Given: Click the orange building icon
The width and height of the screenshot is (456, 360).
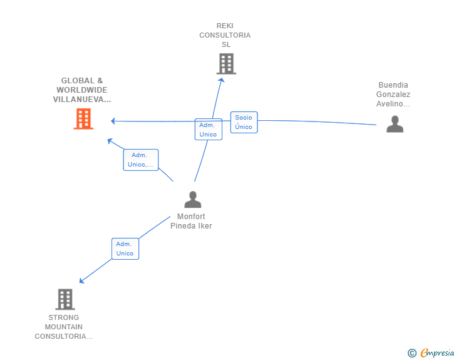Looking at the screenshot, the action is (x=83, y=118).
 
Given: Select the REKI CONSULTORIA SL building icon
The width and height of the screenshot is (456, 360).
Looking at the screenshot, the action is (x=226, y=64).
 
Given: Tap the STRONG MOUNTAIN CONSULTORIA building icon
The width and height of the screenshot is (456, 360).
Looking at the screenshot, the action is (x=65, y=299).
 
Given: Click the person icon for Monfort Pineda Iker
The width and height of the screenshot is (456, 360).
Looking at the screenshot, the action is (x=193, y=199).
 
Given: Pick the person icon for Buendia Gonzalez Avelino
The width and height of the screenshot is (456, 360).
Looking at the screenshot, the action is (x=395, y=124).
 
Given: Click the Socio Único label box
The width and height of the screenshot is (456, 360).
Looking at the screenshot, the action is (x=244, y=122).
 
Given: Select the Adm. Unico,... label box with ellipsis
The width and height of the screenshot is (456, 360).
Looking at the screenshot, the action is (x=141, y=160).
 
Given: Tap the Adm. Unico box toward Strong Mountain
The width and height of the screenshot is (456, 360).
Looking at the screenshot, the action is (x=125, y=249).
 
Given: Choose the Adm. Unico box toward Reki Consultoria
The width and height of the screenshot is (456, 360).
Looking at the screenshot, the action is (x=209, y=130).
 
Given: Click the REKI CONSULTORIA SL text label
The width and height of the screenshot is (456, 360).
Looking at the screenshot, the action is (x=225, y=35).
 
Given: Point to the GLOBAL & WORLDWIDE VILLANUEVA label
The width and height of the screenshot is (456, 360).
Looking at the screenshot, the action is (x=82, y=90).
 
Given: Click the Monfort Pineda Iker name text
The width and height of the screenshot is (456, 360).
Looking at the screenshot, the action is (x=191, y=221).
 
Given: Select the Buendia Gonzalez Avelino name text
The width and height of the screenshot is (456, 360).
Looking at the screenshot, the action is (x=393, y=94).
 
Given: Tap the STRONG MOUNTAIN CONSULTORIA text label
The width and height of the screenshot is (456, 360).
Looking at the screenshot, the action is (x=64, y=327).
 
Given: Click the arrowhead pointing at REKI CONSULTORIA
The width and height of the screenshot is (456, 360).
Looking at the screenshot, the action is (x=222, y=81).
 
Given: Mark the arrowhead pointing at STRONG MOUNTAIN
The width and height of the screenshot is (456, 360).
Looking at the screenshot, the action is (x=81, y=280).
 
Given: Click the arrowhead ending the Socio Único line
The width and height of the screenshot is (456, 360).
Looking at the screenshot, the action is (x=113, y=121).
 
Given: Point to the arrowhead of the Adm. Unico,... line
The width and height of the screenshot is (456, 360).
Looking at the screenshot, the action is (x=110, y=141).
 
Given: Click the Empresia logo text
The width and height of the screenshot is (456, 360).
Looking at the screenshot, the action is (x=437, y=352).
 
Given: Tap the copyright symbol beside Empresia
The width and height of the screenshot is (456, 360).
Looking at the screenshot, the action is (x=412, y=353).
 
